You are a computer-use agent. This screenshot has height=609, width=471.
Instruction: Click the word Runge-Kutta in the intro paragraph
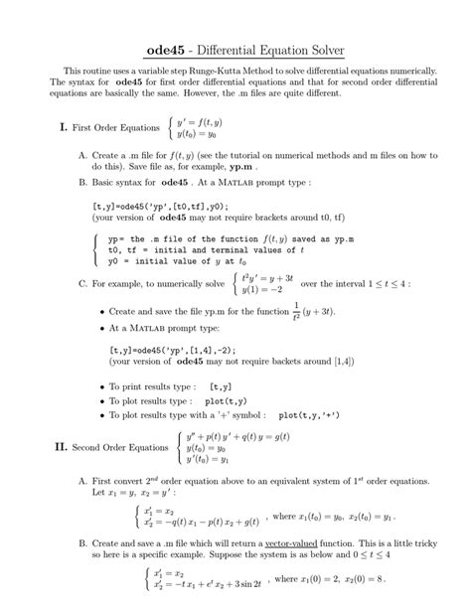tap(235, 73)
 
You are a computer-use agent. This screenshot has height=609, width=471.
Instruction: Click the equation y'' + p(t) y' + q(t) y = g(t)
tap(235, 436)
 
